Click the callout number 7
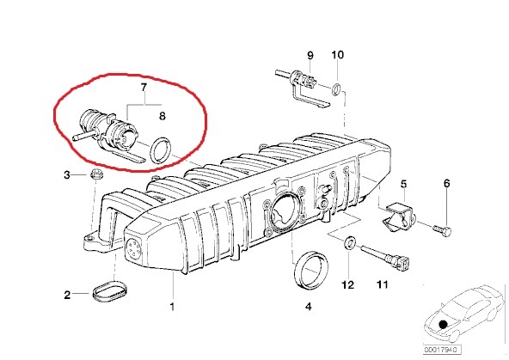coord(144,88)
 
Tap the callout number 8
coord(163,116)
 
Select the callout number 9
coord(310,55)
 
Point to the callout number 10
coord(337,54)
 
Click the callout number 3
coord(67,175)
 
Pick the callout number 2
coord(67,295)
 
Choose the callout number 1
coord(172,306)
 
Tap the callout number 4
coord(309,306)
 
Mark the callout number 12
coord(347,284)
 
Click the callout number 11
coord(383,284)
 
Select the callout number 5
coord(403,184)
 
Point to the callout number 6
coord(447,183)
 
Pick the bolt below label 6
coord(442,230)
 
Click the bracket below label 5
coord(399,217)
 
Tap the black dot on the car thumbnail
coord(443,324)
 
